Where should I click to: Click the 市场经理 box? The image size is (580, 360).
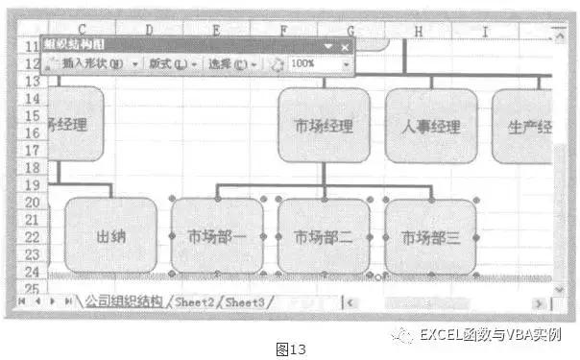click(x=325, y=126)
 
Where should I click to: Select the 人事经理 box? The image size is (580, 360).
click(x=431, y=126)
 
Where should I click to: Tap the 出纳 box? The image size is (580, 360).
click(x=110, y=236)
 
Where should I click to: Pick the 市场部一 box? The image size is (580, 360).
click(x=217, y=237)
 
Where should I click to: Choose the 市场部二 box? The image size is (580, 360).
click(x=325, y=237)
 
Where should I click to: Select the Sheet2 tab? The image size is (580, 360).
click(x=199, y=301)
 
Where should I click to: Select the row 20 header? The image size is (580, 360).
click(x=32, y=203)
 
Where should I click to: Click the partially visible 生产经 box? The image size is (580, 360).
click(x=523, y=126)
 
